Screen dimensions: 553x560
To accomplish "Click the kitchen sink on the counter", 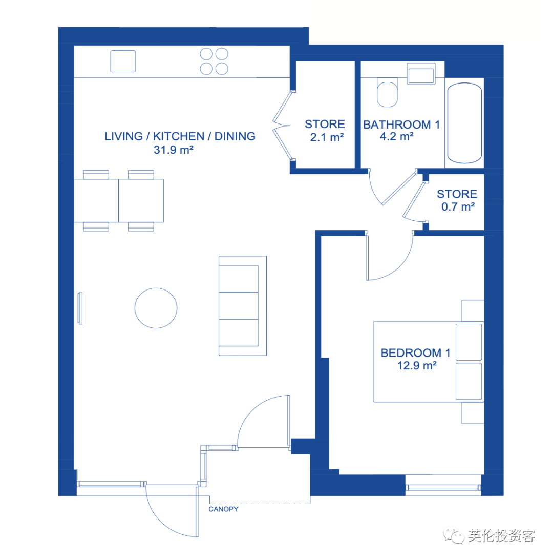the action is [x=123, y=61].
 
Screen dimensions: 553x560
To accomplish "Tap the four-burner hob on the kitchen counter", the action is [x=214, y=61].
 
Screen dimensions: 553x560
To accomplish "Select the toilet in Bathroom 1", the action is [x=387, y=92].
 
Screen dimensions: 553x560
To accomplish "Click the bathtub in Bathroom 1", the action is [x=464, y=123].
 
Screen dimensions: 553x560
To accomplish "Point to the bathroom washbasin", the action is [x=421, y=74].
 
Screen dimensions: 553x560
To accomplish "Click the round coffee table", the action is [x=156, y=308].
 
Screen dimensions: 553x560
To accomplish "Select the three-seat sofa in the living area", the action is [x=243, y=306].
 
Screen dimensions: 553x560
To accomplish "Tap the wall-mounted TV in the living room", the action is [x=80, y=308].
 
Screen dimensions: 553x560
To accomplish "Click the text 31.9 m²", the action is [x=174, y=150].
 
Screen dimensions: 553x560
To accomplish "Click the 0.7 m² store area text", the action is [x=458, y=206].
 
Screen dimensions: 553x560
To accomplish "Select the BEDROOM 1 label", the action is [x=416, y=353].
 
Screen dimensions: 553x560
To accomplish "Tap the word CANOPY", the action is [x=223, y=509].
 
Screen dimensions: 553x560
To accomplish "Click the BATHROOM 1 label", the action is [x=401, y=125].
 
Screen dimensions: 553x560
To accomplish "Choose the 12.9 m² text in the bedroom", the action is [x=417, y=365].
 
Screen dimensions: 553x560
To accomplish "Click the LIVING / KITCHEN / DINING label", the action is [x=180, y=136].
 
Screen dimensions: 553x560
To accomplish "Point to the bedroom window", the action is [x=443, y=487].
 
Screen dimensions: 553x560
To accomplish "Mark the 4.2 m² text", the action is [x=397, y=136].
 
